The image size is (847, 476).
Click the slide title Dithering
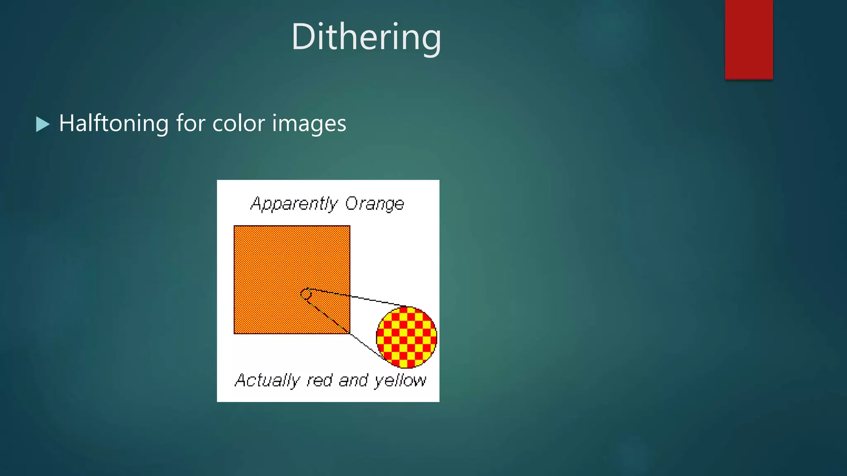pyautogui.click(x=366, y=37)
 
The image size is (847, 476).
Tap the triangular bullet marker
pyautogui.click(x=42, y=124)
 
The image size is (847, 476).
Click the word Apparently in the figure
pyautogui.click(x=294, y=204)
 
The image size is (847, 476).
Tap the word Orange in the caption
pyautogui.click(x=374, y=204)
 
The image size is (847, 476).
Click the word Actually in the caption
pyautogui.click(x=267, y=380)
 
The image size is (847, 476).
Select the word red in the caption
pyautogui.click(x=319, y=380)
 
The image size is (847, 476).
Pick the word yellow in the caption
pyautogui.click(x=400, y=380)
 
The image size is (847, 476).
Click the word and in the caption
pyautogui.click(x=353, y=380)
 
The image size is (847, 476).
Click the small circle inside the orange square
pyautogui.click(x=306, y=294)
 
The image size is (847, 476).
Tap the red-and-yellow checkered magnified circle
pyautogui.click(x=406, y=338)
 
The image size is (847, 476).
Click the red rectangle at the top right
pyautogui.click(x=749, y=39)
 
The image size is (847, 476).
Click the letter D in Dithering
pyautogui.click(x=304, y=37)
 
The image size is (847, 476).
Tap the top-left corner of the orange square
pyautogui.click(x=234, y=226)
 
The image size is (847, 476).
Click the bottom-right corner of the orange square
pyautogui.click(x=349, y=333)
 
